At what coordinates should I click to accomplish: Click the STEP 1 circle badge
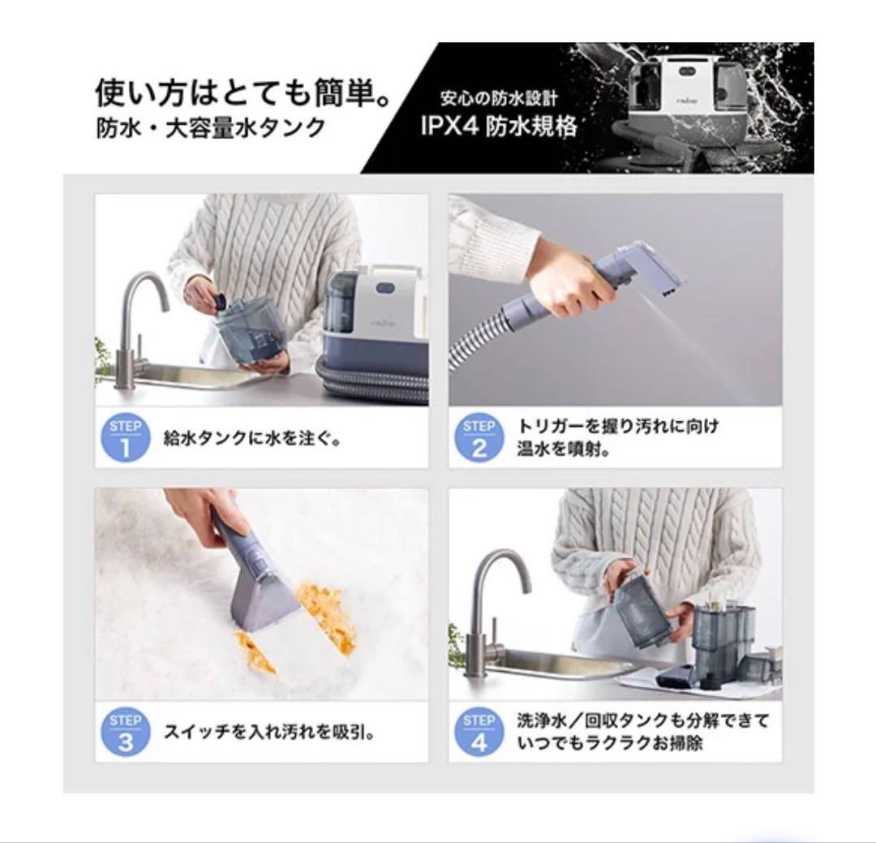(x=125, y=439)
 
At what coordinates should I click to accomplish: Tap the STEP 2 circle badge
(x=479, y=439)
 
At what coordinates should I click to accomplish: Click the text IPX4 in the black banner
(x=449, y=127)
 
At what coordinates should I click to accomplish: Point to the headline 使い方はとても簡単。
(x=243, y=92)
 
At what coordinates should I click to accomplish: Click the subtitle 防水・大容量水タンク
(x=210, y=128)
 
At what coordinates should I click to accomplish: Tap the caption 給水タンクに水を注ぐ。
(x=252, y=437)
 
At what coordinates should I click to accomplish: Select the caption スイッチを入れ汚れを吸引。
(x=268, y=732)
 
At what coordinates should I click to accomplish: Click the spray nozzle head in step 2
(x=656, y=269)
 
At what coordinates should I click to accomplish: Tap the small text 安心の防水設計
(x=498, y=99)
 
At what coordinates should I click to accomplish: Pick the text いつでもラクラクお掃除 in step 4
(x=609, y=743)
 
